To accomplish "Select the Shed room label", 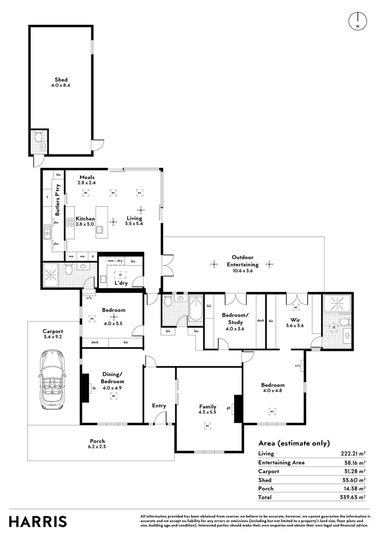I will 61,82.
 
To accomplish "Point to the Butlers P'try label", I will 58,199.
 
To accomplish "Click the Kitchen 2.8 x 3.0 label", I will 85,221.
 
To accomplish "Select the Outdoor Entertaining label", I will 243,261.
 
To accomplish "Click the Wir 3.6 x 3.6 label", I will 295,323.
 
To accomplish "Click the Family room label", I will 207,410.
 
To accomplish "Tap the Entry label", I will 159,405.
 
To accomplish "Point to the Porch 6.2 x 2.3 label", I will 97,444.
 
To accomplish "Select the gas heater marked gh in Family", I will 237,408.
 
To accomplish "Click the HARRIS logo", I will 38,522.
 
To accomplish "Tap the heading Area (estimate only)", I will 294,443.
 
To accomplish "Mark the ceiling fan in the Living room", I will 140,210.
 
